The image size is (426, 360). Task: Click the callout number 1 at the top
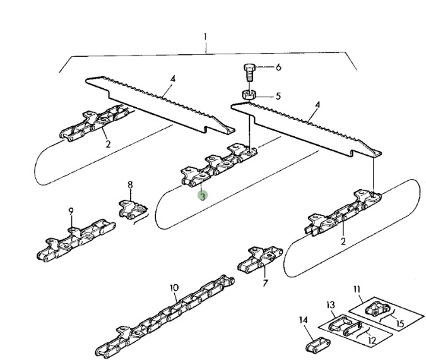click(205, 37)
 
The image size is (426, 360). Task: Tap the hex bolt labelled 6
click(249, 73)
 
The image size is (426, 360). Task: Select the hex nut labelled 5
click(249, 95)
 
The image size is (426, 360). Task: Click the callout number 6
click(278, 67)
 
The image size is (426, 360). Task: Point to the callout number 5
click(278, 96)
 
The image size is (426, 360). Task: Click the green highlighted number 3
click(203, 196)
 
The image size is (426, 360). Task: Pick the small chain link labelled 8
click(133, 209)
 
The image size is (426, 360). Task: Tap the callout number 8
click(131, 185)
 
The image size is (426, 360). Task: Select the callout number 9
click(71, 211)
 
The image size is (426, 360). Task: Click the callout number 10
click(174, 287)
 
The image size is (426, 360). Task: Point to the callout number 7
click(265, 283)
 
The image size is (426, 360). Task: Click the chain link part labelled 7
click(260, 260)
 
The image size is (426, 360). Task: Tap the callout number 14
click(303, 320)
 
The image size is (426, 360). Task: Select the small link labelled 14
click(318, 345)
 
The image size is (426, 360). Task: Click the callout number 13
click(330, 305)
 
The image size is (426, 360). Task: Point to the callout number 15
click(400, 323)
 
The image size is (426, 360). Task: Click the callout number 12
click(372, 340)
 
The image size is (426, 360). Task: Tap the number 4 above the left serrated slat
click(173, 79)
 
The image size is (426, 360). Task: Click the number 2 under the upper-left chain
click(108, 144)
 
